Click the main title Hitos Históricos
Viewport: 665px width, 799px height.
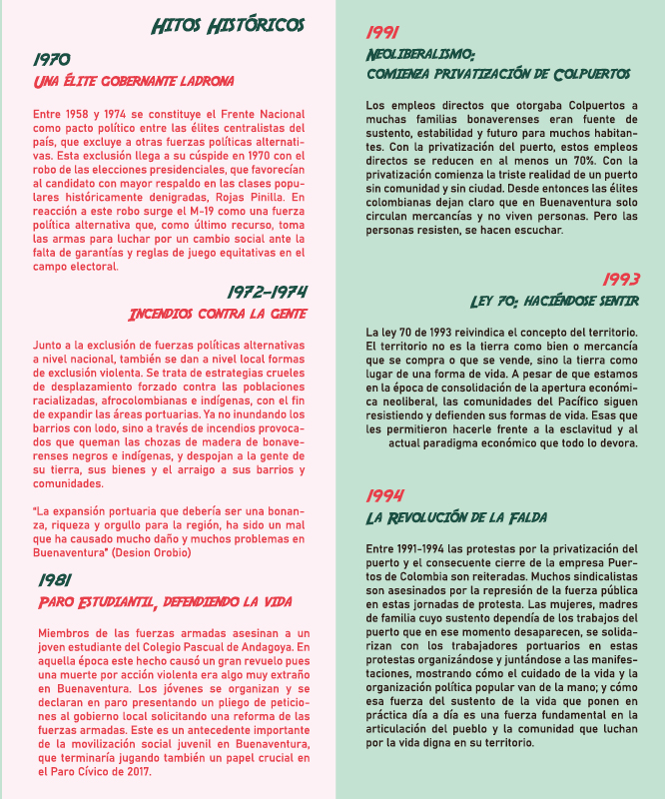point(228,25)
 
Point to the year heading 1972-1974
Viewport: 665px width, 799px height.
point(267,292)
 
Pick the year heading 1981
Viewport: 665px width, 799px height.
point(56,579)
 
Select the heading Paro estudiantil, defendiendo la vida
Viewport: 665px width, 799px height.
point(164,601)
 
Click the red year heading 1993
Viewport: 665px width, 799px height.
point(621,279)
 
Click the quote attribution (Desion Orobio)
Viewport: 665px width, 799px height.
point(147,551)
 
